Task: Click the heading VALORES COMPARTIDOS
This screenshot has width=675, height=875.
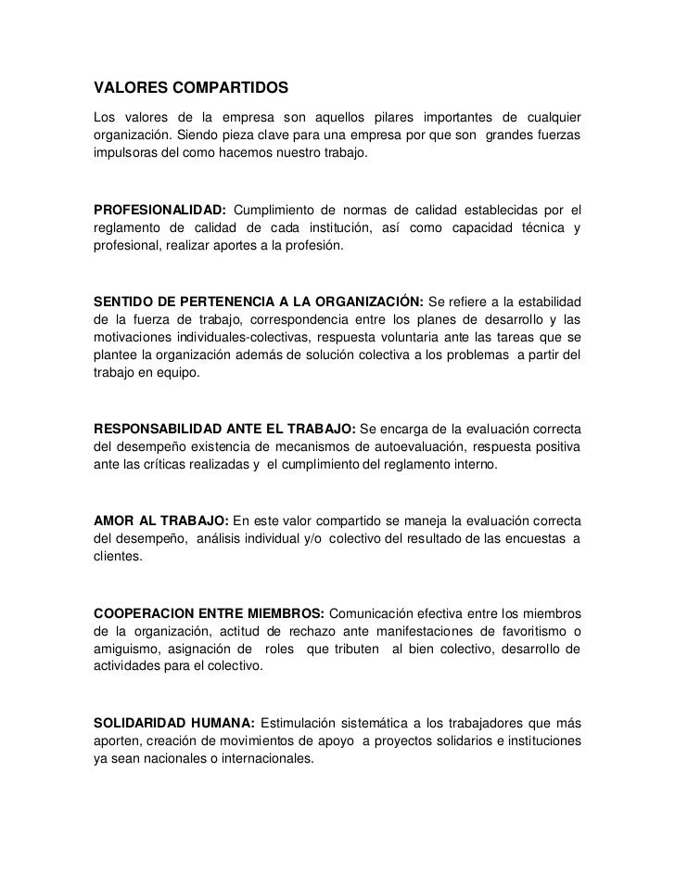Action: pyautogui.click(x=192, y=89)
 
